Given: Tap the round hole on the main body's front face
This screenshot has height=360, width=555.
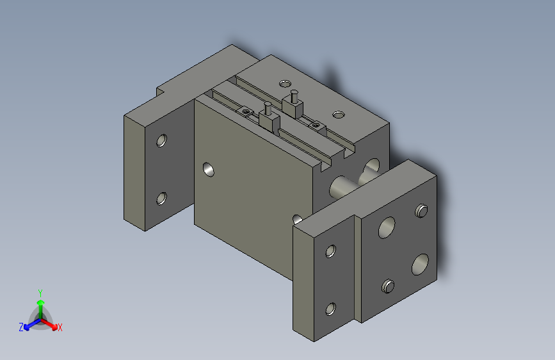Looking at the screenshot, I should [209, 169].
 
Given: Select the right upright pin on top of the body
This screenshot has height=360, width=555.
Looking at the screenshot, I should [293, 97].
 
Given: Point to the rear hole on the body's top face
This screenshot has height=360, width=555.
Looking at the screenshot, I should [284, 83].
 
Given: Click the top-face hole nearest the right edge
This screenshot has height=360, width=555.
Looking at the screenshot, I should [338, 114].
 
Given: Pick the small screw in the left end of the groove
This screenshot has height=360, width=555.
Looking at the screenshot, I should [245, 111].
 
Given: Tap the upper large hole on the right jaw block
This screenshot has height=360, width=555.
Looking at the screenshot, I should [387, 227].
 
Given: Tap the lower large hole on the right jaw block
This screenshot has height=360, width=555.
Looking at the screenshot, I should [420, 263].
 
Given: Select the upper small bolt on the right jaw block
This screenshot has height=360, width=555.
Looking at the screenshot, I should [421, 210].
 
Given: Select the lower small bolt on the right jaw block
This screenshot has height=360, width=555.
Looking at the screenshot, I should [387, 286].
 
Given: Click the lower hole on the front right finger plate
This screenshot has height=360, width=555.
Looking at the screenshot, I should [330, 309].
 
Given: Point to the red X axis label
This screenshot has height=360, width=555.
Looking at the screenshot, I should [60, 328].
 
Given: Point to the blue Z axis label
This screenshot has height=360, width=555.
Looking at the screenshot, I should [21, 327].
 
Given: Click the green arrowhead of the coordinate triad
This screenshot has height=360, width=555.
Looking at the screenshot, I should [40, 302].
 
